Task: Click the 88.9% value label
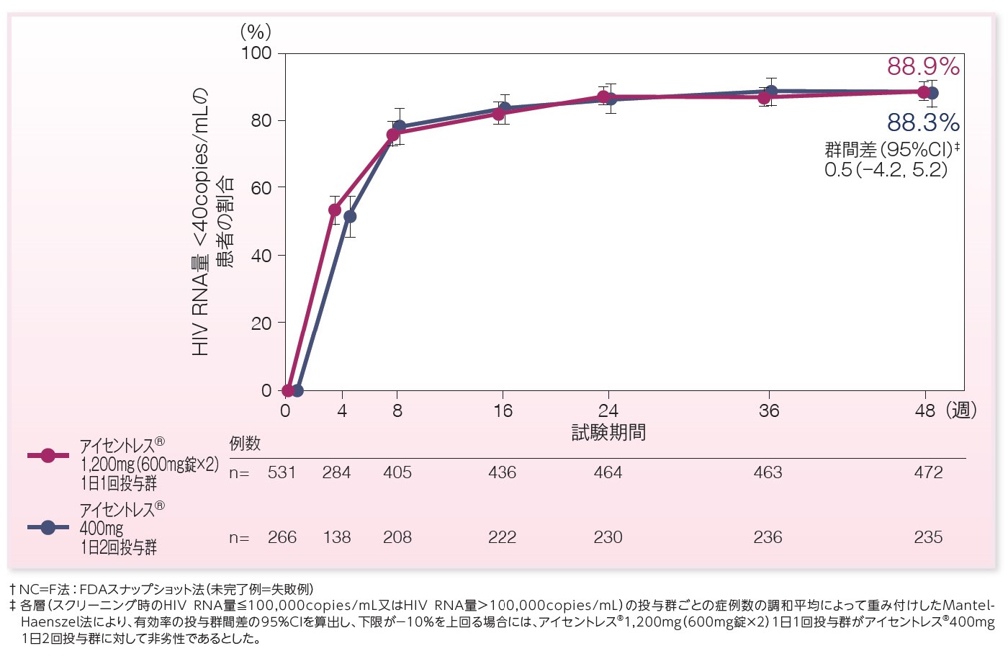pos(923,67)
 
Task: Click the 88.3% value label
pos(923,123)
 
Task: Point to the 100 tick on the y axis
pos(256,53)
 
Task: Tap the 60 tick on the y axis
pos(261,188)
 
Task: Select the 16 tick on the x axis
pos(503,411)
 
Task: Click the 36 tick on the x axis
pos(769,411)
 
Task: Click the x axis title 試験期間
pos(608,432)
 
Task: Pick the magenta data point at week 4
pos(335,210)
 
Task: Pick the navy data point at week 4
pos(350,216)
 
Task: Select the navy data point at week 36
pos(771,91)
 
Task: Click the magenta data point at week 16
pos(498,114)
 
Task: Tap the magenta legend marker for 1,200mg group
pos(48,455)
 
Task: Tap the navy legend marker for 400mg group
pos(48,527)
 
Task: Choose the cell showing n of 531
pos(282,473)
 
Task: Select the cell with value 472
pos(928,473)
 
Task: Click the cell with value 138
pos(337,537)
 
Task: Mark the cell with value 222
pos(502,537)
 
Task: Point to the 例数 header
pos(245,444)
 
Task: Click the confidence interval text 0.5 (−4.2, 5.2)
pos(886,170)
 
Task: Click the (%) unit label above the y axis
pos(256,31)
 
